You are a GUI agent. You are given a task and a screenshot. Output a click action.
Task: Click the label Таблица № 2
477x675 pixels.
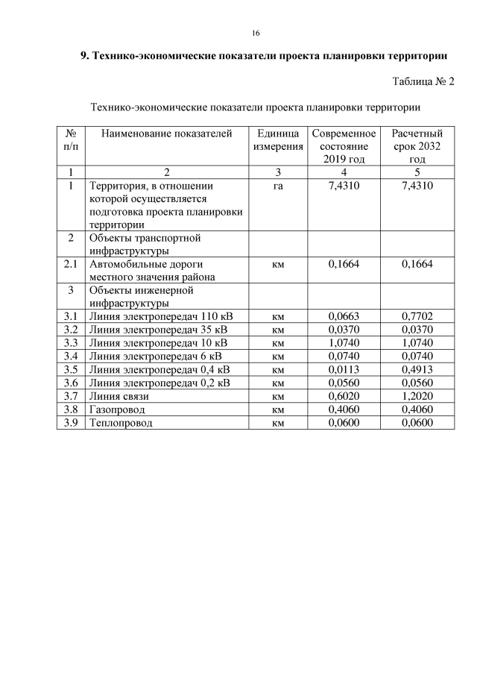(x=423, y=81)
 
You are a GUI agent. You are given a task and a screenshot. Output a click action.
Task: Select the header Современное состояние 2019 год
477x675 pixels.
(x=344, y=146)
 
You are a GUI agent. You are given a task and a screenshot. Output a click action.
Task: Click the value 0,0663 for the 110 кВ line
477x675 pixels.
(x=344, y=316)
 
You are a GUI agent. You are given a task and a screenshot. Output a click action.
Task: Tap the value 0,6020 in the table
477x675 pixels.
(x=344, y=396)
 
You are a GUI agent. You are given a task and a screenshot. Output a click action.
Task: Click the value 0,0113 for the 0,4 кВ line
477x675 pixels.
(x=344, y=369)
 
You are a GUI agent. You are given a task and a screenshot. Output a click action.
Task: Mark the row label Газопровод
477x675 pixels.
(x=117, y=409)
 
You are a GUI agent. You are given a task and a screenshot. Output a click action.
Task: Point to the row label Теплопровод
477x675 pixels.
(x=120, y=423)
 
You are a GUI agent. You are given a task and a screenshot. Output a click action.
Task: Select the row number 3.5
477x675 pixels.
(x=71, y=369)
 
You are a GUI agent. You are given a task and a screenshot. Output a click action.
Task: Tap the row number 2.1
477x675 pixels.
(x=71, y=264)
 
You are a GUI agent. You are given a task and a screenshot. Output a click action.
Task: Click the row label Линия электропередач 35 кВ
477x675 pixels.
(x=159, y=330)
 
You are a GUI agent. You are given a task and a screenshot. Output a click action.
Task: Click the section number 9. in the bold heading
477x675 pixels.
(x=84, y=56)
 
